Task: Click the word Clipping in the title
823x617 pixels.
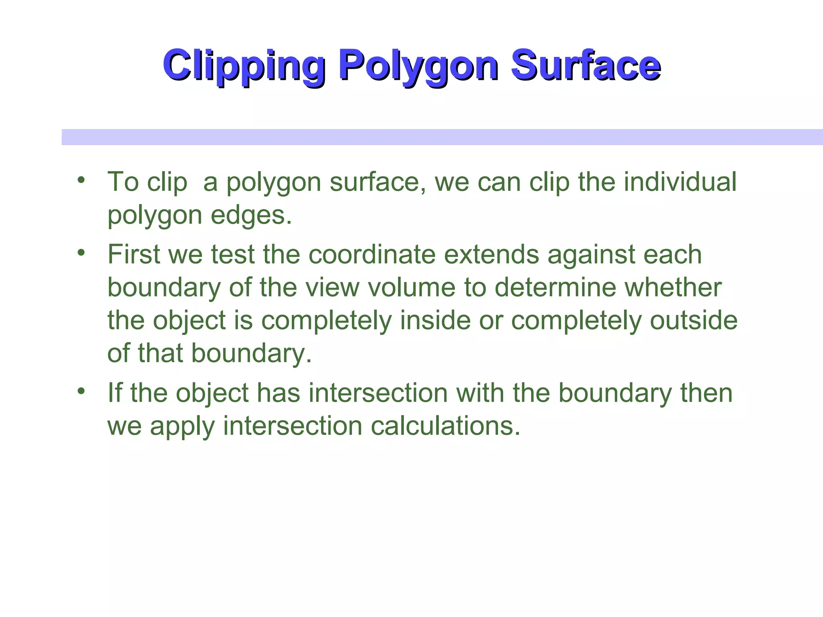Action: [244, 65]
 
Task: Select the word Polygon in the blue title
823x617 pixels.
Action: [418, 65]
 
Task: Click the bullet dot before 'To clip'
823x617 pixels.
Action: [82, 179]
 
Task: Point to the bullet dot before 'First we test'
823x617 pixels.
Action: [82, 252]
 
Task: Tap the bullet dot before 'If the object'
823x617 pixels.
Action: [82, 390]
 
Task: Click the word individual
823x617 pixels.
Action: [680, 182]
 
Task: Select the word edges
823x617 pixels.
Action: [251, 215]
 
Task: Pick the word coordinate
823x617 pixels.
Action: [372, 255]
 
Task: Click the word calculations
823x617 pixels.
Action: [445, 426]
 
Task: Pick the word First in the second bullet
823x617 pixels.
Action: [134, 255]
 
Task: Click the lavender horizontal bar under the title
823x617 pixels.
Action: [442, 137]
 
